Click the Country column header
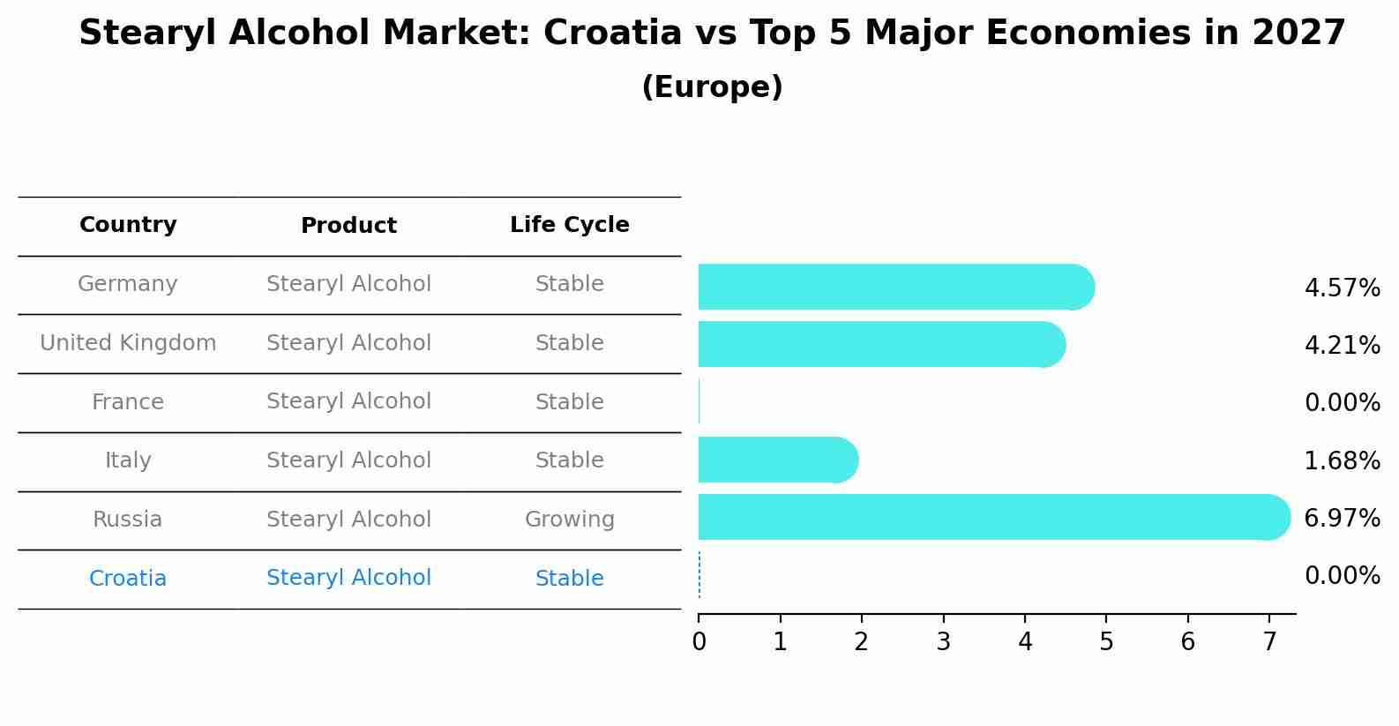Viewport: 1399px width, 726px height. tap(128, 225)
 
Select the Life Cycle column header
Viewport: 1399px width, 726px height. tap(569, 225)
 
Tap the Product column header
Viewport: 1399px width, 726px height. tap(348, 226)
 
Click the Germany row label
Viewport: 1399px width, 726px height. tap(128, 284)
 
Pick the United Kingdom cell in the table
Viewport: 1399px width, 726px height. tap(128, 343)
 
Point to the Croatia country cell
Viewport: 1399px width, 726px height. tap(128, 579)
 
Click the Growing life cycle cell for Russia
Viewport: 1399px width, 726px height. tap(569, 520)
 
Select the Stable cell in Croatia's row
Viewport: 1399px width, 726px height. tap(569, 579)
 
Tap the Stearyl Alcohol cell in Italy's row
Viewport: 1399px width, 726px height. tap(348, 460)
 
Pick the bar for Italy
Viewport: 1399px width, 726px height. tap(776, 460)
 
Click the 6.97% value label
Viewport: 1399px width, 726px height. tap(1342, 519)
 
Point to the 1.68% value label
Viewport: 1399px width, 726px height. tap(1342, 460)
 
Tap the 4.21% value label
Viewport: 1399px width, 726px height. tap(1342, 345)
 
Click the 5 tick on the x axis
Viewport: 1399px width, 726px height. tap(1106, 642)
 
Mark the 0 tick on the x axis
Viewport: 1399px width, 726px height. tap(699, 642)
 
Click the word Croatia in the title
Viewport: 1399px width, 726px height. tap(612, 34)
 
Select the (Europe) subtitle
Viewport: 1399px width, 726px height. tap(712, 87)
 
